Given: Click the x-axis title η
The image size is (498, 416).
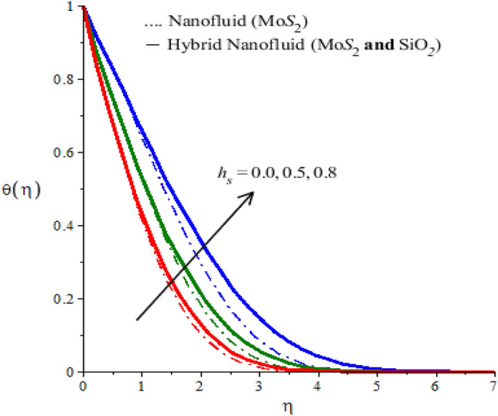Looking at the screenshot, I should click(288, 404).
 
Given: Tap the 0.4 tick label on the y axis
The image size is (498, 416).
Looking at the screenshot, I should click(68, 226).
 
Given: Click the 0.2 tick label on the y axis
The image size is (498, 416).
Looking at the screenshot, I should click(68, 299).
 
